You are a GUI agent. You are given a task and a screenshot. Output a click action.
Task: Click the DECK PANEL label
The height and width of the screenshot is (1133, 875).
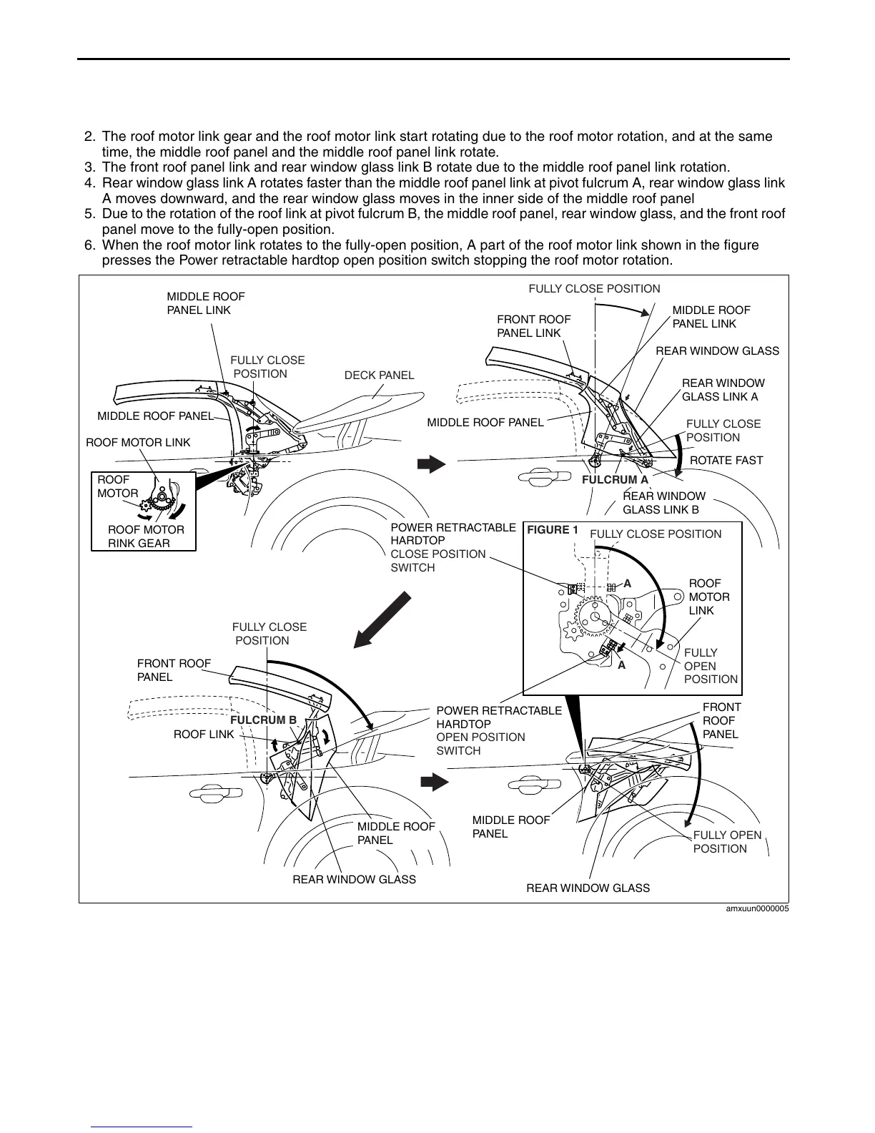coord(379,376)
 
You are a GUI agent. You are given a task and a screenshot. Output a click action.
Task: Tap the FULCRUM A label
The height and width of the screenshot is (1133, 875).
coord(615,480)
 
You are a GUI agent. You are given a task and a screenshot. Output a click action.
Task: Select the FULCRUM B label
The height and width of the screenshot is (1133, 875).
coord(263,720)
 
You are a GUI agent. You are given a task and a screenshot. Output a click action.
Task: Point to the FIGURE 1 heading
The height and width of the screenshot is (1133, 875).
coord(552,530)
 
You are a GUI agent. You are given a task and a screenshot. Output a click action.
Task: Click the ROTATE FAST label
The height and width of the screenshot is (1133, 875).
coord(726,461)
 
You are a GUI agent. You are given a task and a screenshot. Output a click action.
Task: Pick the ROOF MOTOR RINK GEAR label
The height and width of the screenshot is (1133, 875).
coord(146,536)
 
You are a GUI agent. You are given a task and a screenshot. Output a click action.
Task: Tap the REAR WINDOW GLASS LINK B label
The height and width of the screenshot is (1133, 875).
coord(664,503)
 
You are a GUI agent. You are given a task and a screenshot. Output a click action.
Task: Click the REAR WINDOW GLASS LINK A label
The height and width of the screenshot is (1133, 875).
coord(723,390)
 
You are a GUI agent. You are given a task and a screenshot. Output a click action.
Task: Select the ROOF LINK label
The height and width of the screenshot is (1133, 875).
coord(204,735)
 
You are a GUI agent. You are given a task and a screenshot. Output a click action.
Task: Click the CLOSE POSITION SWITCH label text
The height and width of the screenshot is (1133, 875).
coord(437,561)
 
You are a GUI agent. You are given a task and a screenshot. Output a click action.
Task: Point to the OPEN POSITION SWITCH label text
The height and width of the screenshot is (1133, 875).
coord(480,744)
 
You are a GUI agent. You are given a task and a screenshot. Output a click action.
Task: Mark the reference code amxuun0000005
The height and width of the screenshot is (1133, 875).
coord(757,909)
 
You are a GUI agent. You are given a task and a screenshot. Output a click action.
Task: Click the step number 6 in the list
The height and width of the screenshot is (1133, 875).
coord(89,245)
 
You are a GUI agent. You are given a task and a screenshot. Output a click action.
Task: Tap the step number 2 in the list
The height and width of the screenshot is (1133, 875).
coord(89,137)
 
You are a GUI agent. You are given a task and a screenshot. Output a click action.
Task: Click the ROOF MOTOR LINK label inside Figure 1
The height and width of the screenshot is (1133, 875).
coord(709,597)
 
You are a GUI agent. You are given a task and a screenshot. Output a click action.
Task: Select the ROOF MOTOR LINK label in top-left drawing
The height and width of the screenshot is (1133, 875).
coord(138,443)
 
